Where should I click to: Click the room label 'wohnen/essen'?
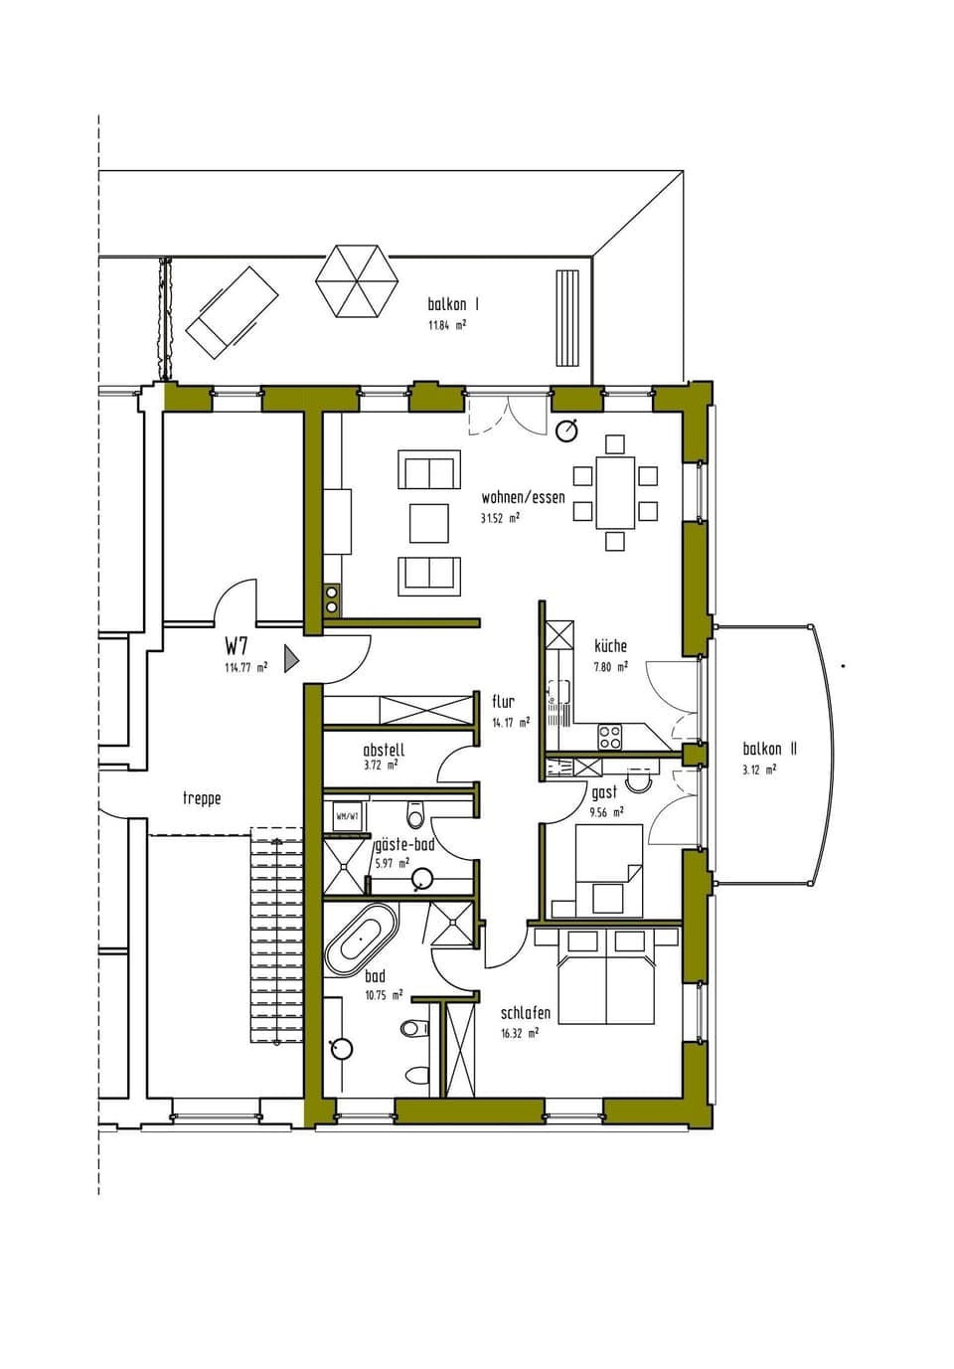click(x=523, y=497)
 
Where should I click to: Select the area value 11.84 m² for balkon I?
click(x=447, y=325)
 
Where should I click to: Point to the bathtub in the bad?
click(x=360, y=940)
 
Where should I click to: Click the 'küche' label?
click(x=610, y=646)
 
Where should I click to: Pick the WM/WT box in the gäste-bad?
click(x=347, y=816)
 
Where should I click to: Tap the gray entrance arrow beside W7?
click(x=291, y=658)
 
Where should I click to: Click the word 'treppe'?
click(x=202, y=798)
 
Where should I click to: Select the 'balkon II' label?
click(x=769, y=750)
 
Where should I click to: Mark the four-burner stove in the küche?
click(x=609, y=737)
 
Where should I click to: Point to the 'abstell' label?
click(x=384, y=751)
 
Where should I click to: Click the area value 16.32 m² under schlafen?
click(x=520, y=1033)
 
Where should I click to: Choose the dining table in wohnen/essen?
click(x=615, y=491)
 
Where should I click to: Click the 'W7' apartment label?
click(x=237, y=646)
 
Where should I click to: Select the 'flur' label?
click(x=503, y=702)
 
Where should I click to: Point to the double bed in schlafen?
click(x=605, y=976)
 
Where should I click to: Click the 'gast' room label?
click(x=604, y=792)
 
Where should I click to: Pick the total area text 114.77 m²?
click(x=245, y=668)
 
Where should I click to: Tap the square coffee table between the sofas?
click(x=428, y=523)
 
